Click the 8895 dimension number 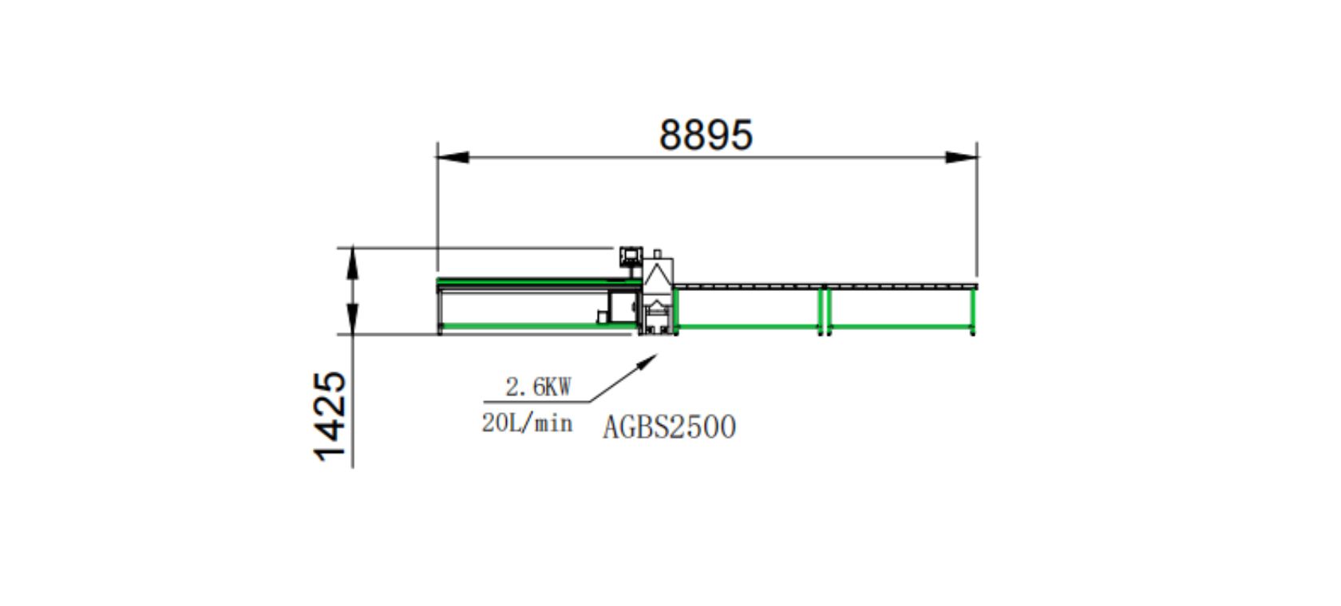[x=706, y=135]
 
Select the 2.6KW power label [x=538, y=388]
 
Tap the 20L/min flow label [x=527, y=423]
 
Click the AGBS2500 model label [x=669, y=427]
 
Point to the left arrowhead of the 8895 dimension [x=453, y=157]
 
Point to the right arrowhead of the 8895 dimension [x=961, y=157]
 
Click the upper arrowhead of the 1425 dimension [x=352, y=263]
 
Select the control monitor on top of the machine [x=630, y=256]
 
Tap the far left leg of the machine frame [x=439, y=311]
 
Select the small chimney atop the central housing [x=658, y=254]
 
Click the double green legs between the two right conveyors [x=825, y=309]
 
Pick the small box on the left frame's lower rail [x=602, y=317]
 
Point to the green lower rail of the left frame [x=519, y=326]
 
